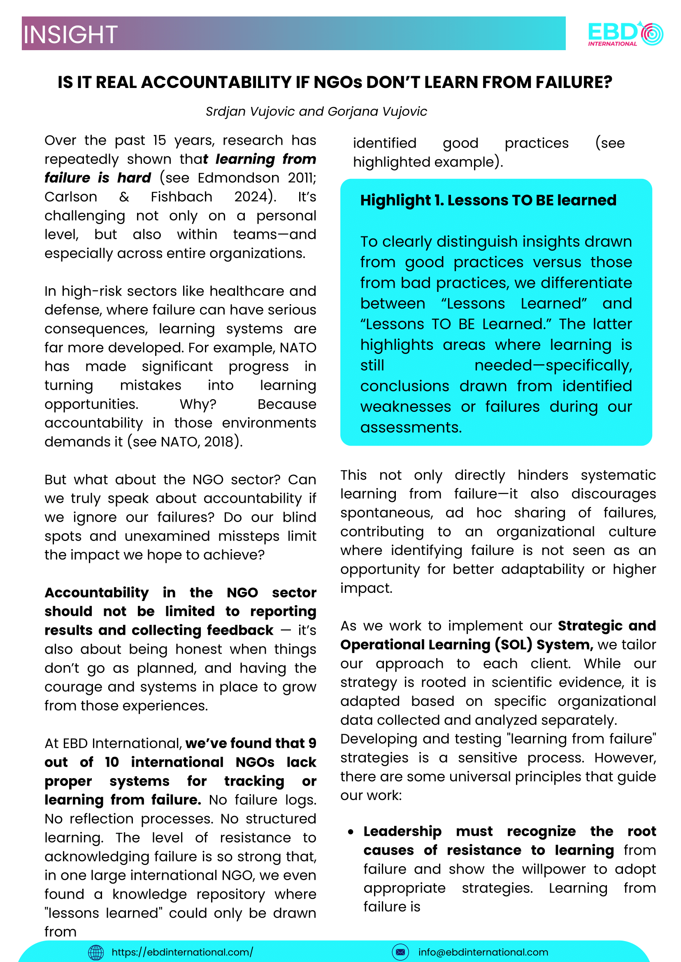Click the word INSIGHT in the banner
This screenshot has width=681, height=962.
pyautogui.click(x=70, y=35)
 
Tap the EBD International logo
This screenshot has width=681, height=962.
pyautogui.click(x=625, y=34)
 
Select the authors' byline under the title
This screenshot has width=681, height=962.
pyautogui.click(x=316, y=111)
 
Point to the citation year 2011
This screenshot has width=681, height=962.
pyautogui.click(x=302, y=178)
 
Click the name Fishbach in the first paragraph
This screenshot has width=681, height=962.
pyautogui.click(x=181, y=197)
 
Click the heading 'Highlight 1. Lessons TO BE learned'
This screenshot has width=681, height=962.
pyautogui.click(x=488, y=200)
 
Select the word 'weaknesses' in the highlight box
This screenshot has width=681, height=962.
pyautogui.click(x=405, y=407)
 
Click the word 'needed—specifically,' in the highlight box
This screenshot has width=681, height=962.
pyautogui.click(x=553, y=365)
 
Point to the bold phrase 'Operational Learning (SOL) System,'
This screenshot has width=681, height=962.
pyautogui.click(x=466, y=644)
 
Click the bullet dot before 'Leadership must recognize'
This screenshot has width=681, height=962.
pyautogui.click(x=351, y=832)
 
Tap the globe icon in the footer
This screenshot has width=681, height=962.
pyautogui.click(x=96, y=953)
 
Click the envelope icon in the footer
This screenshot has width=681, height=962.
pyautogui.click(x=400, y=953)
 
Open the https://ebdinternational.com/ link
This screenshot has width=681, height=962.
pyautogui.click(x=182, y=952)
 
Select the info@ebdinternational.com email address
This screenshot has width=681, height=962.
pyautogui.click(x=483, y=953)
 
